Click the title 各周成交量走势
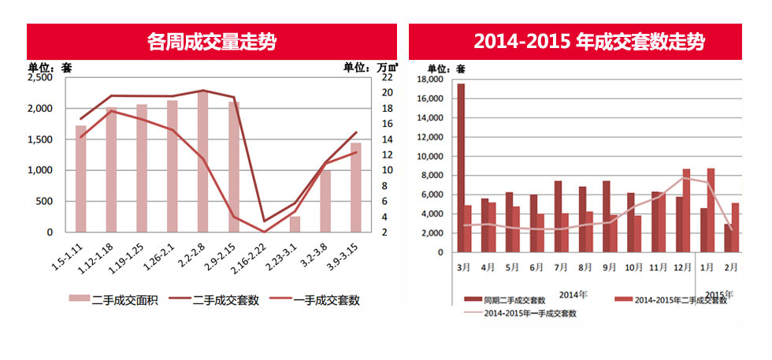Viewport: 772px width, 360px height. click(x=211, y=41)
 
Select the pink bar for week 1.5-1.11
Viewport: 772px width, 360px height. click(x=81, y=178)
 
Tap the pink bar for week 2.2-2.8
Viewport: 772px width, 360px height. click(x=203, y=161)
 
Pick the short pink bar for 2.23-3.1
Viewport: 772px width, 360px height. click(x=295, y=224)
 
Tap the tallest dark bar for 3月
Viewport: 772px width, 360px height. click(x=461, y=167)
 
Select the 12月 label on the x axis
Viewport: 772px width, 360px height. click(x=681, y=267)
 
